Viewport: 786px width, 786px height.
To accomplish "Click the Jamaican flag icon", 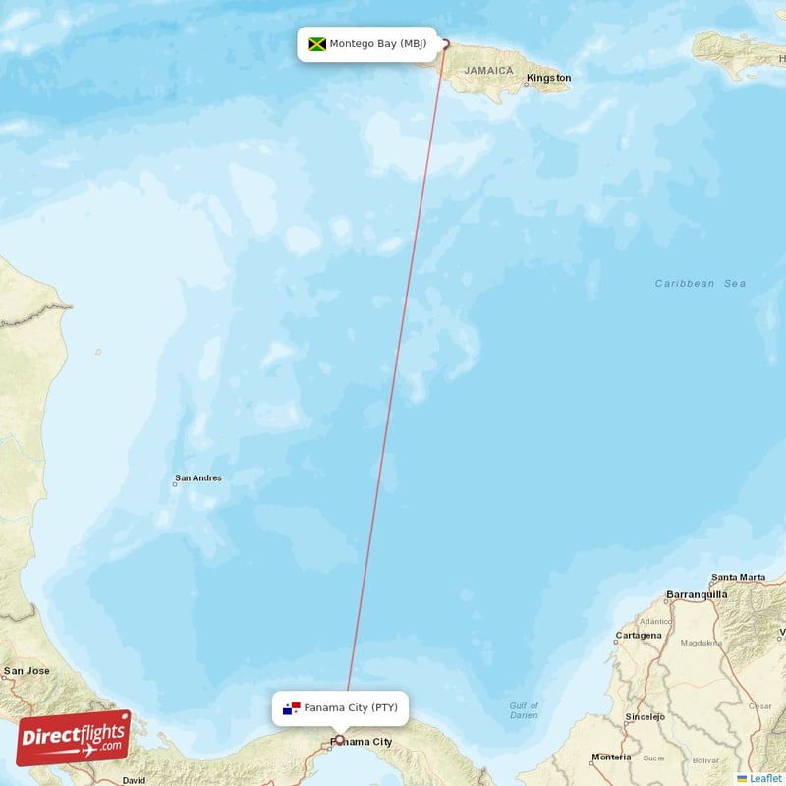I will (316, 44).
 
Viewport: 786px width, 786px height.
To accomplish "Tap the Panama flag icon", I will (291, 708).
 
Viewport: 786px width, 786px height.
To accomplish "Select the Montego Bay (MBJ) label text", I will (377, 44).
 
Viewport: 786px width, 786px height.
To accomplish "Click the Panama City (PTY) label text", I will (351, 708).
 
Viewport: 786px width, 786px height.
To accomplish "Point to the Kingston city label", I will (548, 77).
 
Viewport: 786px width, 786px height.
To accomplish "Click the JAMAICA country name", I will (489, 70).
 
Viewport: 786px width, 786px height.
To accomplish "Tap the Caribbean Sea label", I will (700, 283).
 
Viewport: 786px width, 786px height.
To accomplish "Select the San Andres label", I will (197, 478).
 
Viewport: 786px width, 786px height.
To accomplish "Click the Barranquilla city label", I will (697, 594).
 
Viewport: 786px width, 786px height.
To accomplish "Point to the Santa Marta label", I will (738, 577).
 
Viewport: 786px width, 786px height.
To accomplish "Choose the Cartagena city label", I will (639, 635).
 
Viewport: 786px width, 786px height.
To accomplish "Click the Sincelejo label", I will (646, 717).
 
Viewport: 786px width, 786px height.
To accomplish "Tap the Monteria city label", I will (611, 758).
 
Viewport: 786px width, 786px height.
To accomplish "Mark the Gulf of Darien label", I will (524, 710).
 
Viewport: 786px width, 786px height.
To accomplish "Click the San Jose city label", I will (27, 671).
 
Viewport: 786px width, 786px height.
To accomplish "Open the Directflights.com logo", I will (74, 737).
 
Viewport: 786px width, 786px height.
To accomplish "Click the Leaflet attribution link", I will (765, 778).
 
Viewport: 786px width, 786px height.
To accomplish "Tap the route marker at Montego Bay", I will (444, 43).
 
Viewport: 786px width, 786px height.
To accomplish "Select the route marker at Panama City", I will (340, 740).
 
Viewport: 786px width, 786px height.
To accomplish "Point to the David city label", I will (134, 780).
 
